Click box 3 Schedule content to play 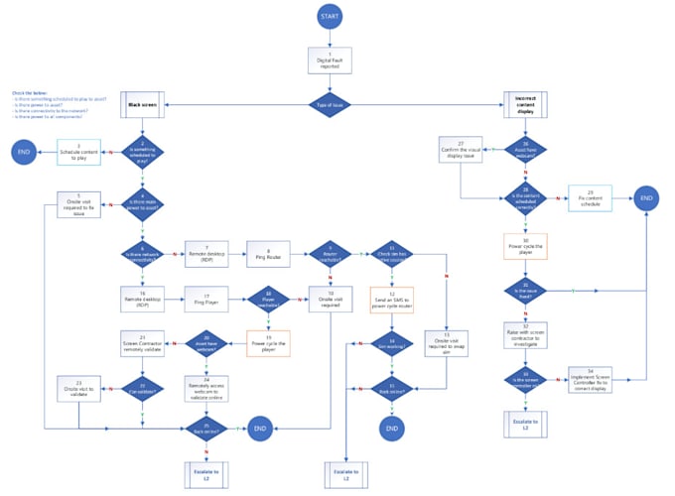coord(79,152)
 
